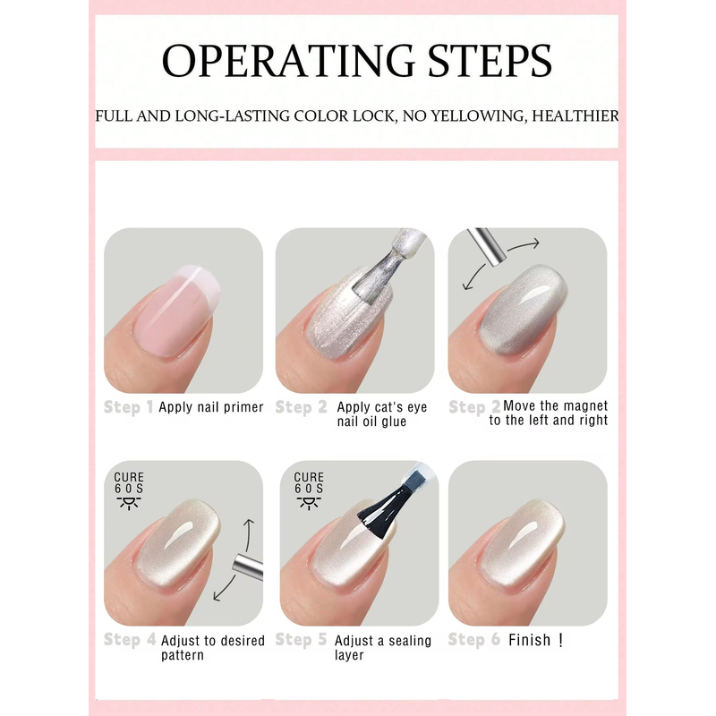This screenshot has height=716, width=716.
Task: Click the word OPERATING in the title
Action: tap(287, 60)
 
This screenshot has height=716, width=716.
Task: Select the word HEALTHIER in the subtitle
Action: tap(575, 116)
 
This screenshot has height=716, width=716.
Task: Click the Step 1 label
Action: tap(128, 407)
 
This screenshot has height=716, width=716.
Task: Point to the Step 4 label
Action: tap(130, 639)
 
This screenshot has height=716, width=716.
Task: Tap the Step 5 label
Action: tap(301, 639)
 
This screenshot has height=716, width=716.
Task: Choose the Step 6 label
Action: tap(474, 639)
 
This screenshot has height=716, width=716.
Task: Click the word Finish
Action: tap(529, 640)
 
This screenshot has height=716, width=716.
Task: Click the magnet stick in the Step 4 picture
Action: tap(248, 567)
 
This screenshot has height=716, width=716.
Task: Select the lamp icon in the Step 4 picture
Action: tap(129, 503)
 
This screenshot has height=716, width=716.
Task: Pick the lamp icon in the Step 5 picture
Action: tap(309, 503)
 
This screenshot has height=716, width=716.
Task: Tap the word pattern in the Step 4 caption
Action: tap(183, 655)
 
